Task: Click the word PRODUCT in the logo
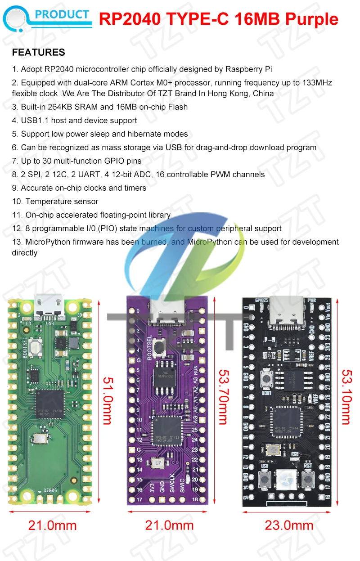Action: [x=62, y=14]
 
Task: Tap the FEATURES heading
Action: [x=39, y=52]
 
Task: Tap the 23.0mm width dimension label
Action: [x=289, y=525]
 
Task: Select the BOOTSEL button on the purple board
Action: [x=159, y=347]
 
